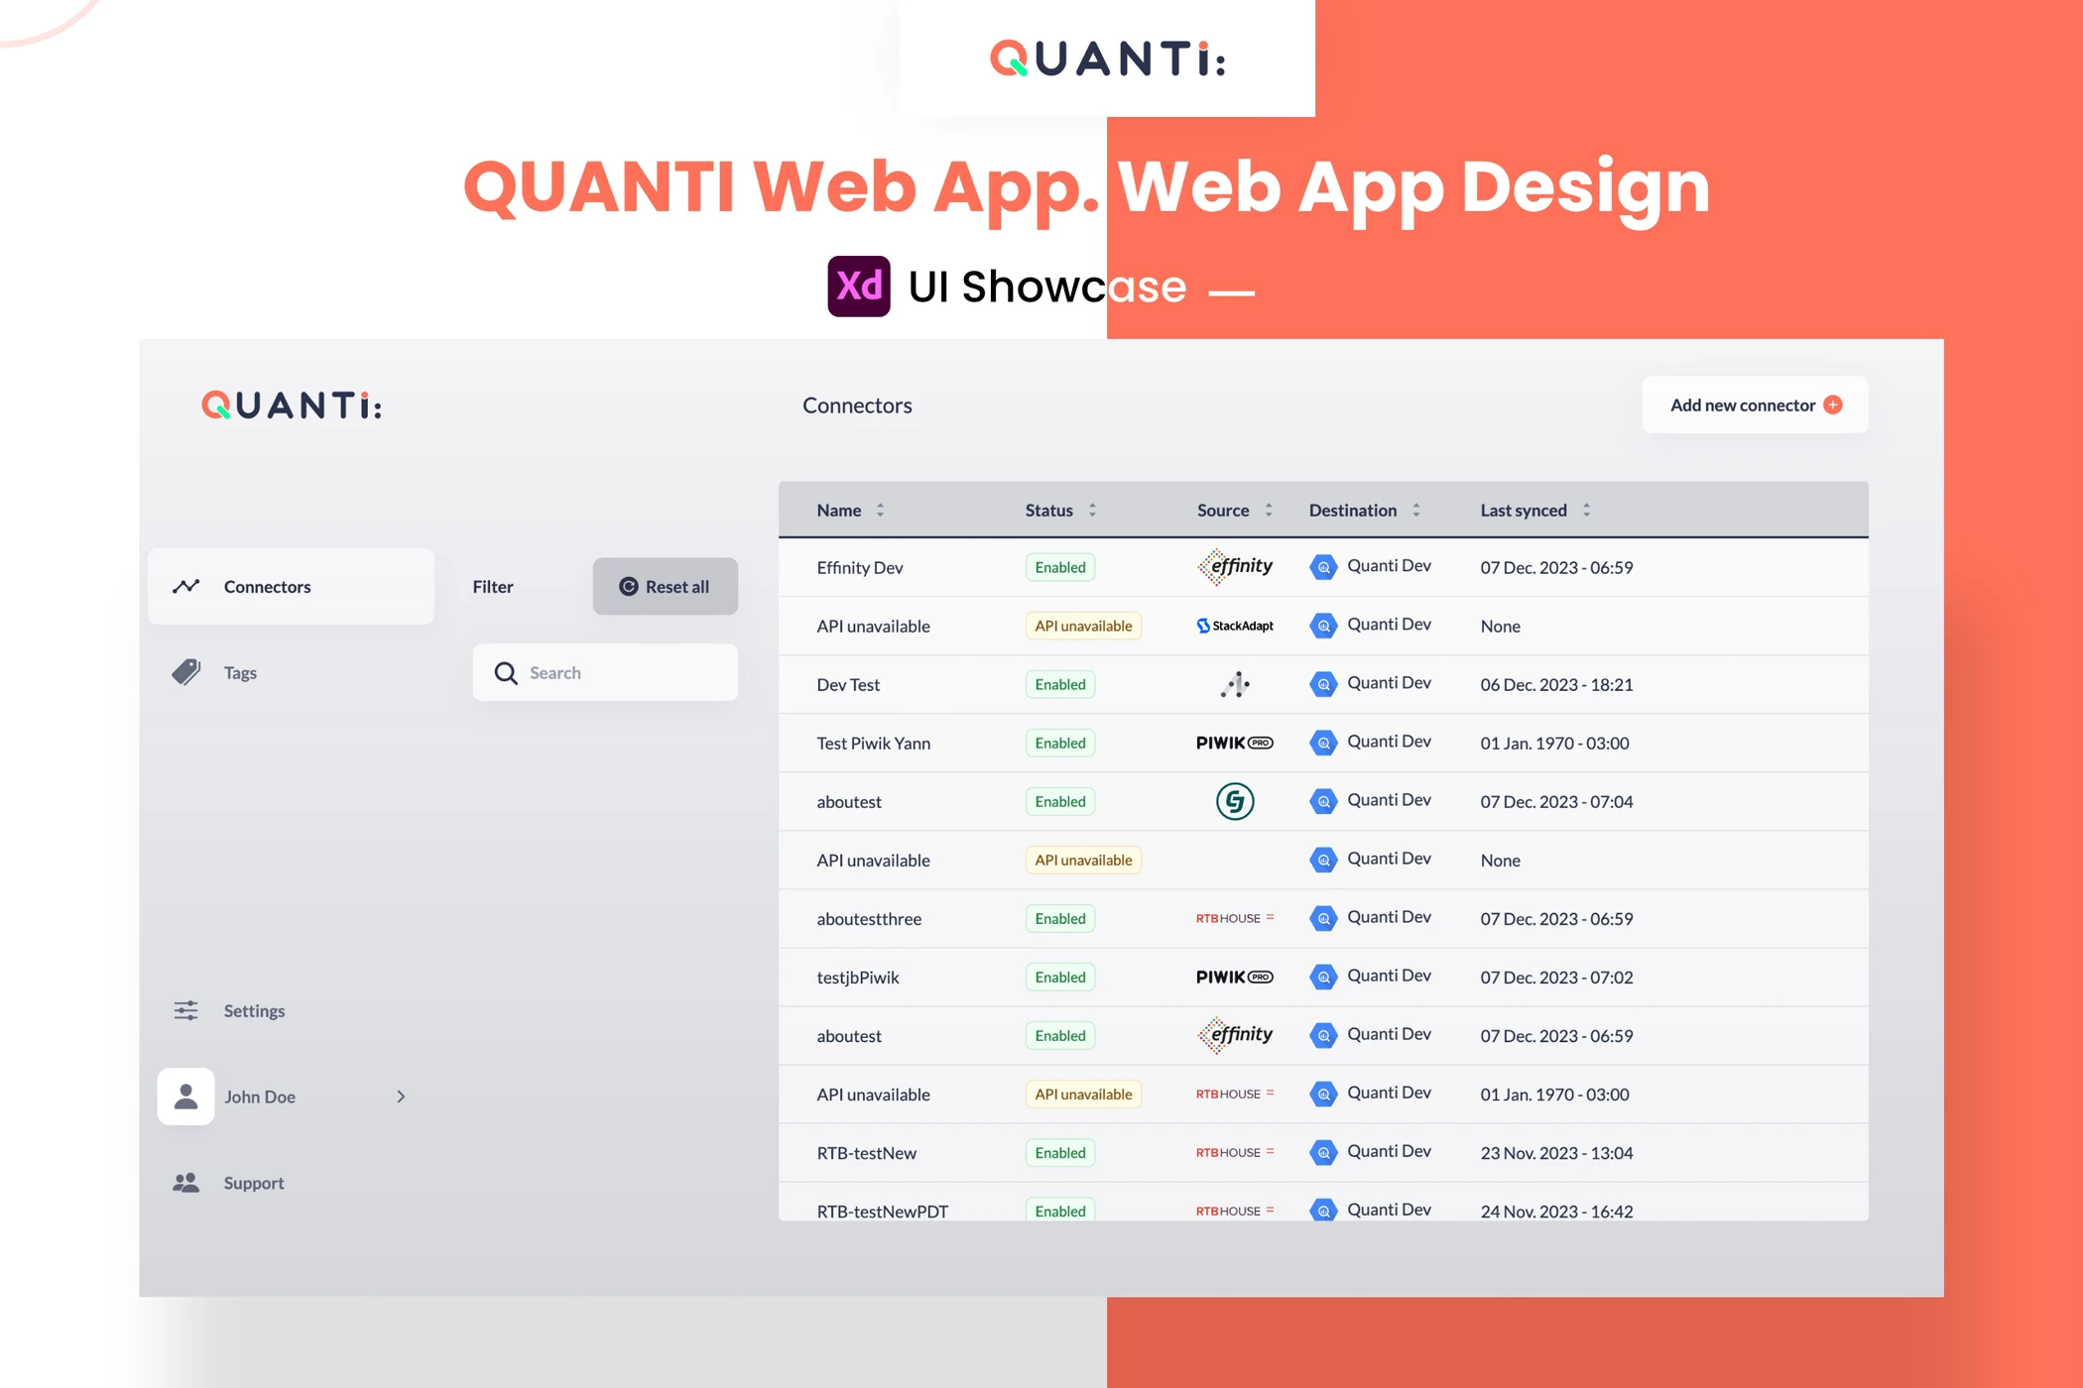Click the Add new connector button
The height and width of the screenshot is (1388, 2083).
[x=1755, y=405]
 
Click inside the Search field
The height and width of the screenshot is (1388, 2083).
[x=605, y=672]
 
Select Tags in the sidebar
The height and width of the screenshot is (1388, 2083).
[x=240, y=672]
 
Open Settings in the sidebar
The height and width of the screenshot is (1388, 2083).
[x=254, y=1010]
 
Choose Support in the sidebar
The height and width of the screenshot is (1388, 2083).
[x=253, y=1183]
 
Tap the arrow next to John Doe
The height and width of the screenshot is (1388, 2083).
[x=401, y=1097]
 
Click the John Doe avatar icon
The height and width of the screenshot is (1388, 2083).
[x=185, y=1097]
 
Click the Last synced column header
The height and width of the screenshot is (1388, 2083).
[x=1524, y=510]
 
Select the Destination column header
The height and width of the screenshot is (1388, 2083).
[x=1353, y=510]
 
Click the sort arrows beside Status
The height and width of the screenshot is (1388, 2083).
[x=1092, y=510]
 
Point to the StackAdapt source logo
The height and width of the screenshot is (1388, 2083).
[x=1235, y=626]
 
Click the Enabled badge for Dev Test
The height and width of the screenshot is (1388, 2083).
[x=1060, y=684]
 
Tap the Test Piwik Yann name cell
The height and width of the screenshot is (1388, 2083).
[x=874, y=743]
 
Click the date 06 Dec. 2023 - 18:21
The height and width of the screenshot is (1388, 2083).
[x=1556, y=684]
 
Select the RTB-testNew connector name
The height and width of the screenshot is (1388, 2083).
[x=867, y=1153]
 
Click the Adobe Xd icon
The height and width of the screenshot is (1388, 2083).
[x=859, y=286]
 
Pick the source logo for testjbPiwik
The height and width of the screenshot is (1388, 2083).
[x=1235, y=977]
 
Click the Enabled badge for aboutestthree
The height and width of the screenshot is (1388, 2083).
[x=1060, y=918]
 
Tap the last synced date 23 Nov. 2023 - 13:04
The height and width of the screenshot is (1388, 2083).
[x=1556, y=1153]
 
